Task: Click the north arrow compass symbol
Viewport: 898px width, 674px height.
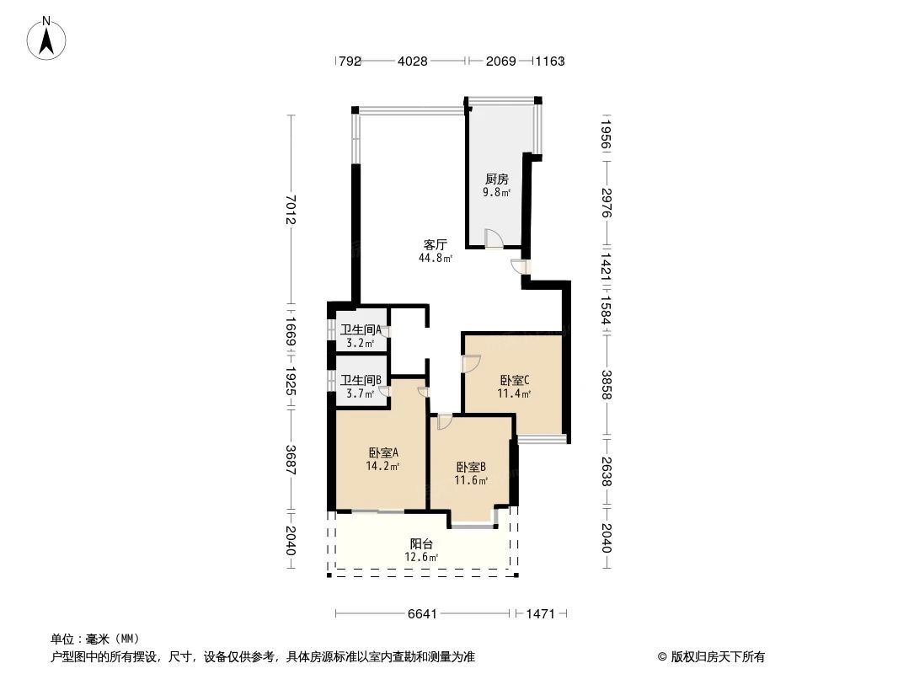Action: pyautogui.click(x=48, y=37)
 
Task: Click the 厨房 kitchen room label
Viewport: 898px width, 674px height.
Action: pyautogui.click(x=496, y=179)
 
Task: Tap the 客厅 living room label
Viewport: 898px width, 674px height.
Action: pyautogui.click(x=435, y=244)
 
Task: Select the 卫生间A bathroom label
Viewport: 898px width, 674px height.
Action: pyautogui.click(x=361, y=329)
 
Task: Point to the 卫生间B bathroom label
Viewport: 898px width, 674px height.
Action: pyautogui.click(x=361, y=380)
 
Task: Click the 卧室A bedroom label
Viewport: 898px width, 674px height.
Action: pyautogui.click(x=382, y=452)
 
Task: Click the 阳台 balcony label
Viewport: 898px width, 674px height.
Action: pyautogui.click(x=422, y=543)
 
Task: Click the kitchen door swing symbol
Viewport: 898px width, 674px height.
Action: pyautogui.click(x=494, y=239)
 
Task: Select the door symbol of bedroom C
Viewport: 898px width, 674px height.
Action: pyautogui.click(x=471, y=364)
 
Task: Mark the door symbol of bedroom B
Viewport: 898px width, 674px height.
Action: pyautogui.click(x=445, y=421)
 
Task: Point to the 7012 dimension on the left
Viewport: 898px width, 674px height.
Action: pyautogui.click(x=291, y=209)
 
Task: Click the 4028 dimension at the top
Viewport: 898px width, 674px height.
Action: pyautogui.click(x=412, y=61)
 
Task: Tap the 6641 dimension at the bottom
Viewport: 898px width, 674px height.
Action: pyautogui.click(x=422, y=614)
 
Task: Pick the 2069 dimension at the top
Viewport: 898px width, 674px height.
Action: pyautogui.click(x=502, y=61)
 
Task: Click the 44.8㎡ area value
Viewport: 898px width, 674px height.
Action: pyautogui.click(x=435, y=259)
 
